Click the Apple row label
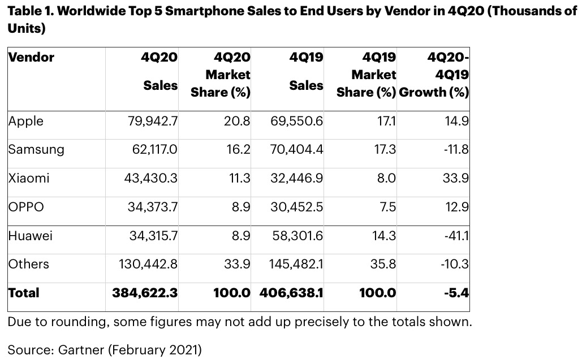pos(25,121)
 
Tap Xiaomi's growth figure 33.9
pos(457,178)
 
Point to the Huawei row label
pos(30,235)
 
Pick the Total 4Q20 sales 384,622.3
pos(145,293)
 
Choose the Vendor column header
pos(31,58)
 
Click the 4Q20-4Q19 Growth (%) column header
pos(434,75)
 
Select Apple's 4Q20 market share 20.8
pos(238,121)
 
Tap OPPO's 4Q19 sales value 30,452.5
pos(297,207)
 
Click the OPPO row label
pos(25,207)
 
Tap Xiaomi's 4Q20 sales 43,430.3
pos(151,178)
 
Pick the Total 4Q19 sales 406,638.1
pos(291,293)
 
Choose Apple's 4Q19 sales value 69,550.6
pos(297,121)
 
